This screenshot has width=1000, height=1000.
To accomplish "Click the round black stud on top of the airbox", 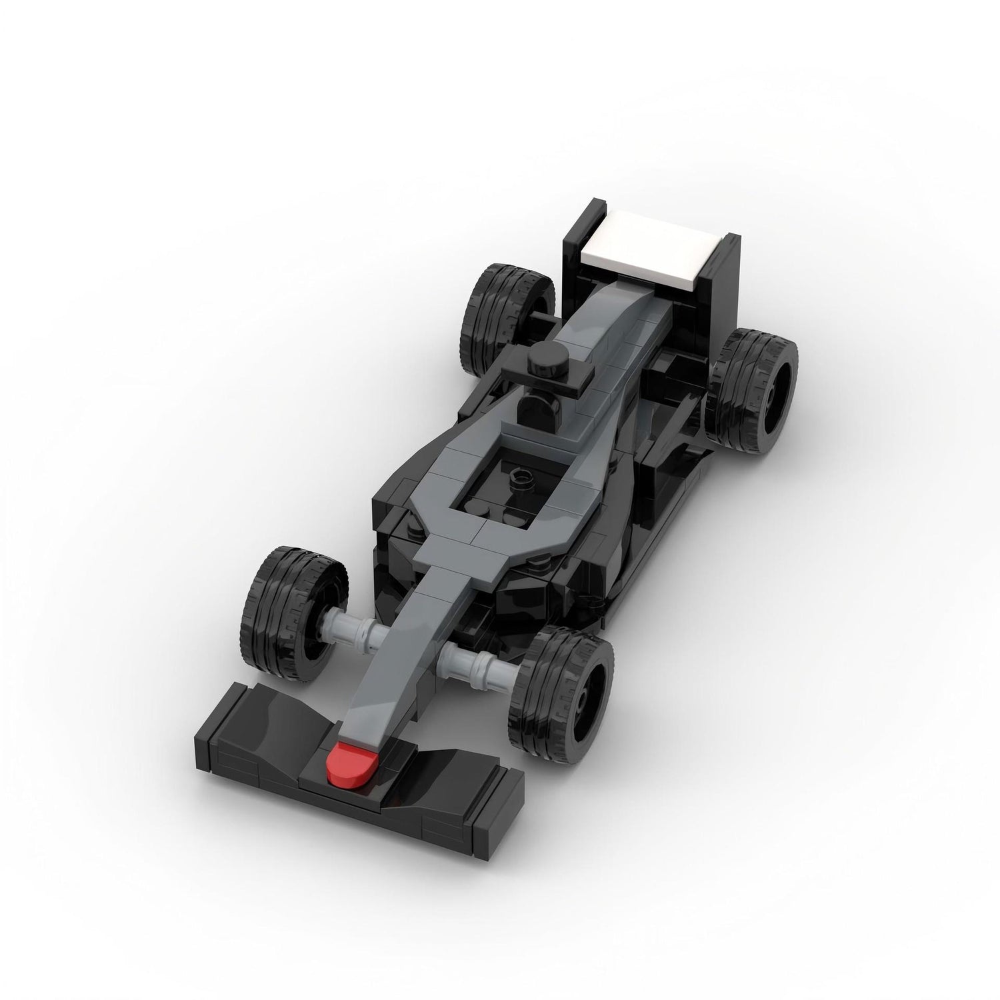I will [538, 363].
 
